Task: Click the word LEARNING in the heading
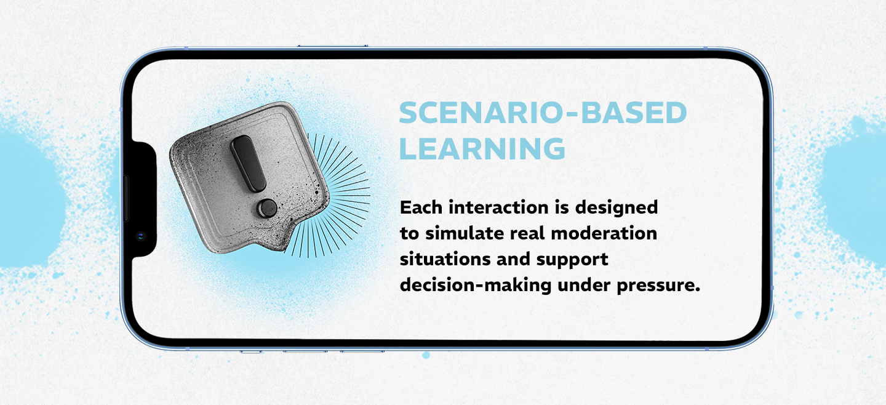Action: pos(482,148)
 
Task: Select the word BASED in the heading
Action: pos(634,113)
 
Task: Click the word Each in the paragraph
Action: pos(421,207)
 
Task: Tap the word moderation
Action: pos(604,233)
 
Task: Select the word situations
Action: pos(445,259)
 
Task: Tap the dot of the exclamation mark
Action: pos(267,208)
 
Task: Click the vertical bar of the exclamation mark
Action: pos(248,163)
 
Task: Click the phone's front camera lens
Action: pos(141,236)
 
